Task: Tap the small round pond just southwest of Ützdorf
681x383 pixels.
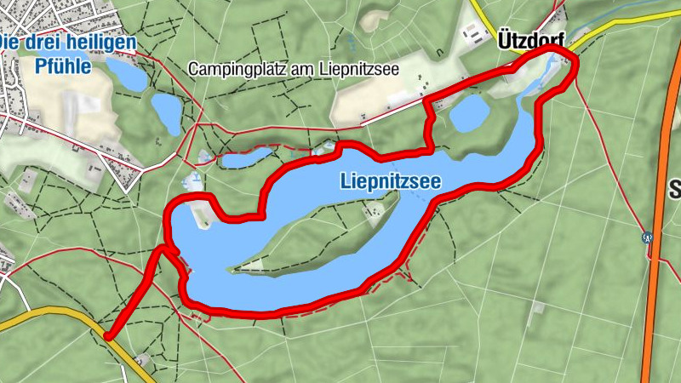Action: click(468, 113)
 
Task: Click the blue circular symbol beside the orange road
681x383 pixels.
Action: click(648, 237)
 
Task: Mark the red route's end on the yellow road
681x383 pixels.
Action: click(108, 335)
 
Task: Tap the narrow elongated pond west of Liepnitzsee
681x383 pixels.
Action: click(247, 156)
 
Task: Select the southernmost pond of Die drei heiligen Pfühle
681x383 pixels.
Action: click(167, 111)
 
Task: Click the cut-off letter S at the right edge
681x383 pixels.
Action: click(675, 188)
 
